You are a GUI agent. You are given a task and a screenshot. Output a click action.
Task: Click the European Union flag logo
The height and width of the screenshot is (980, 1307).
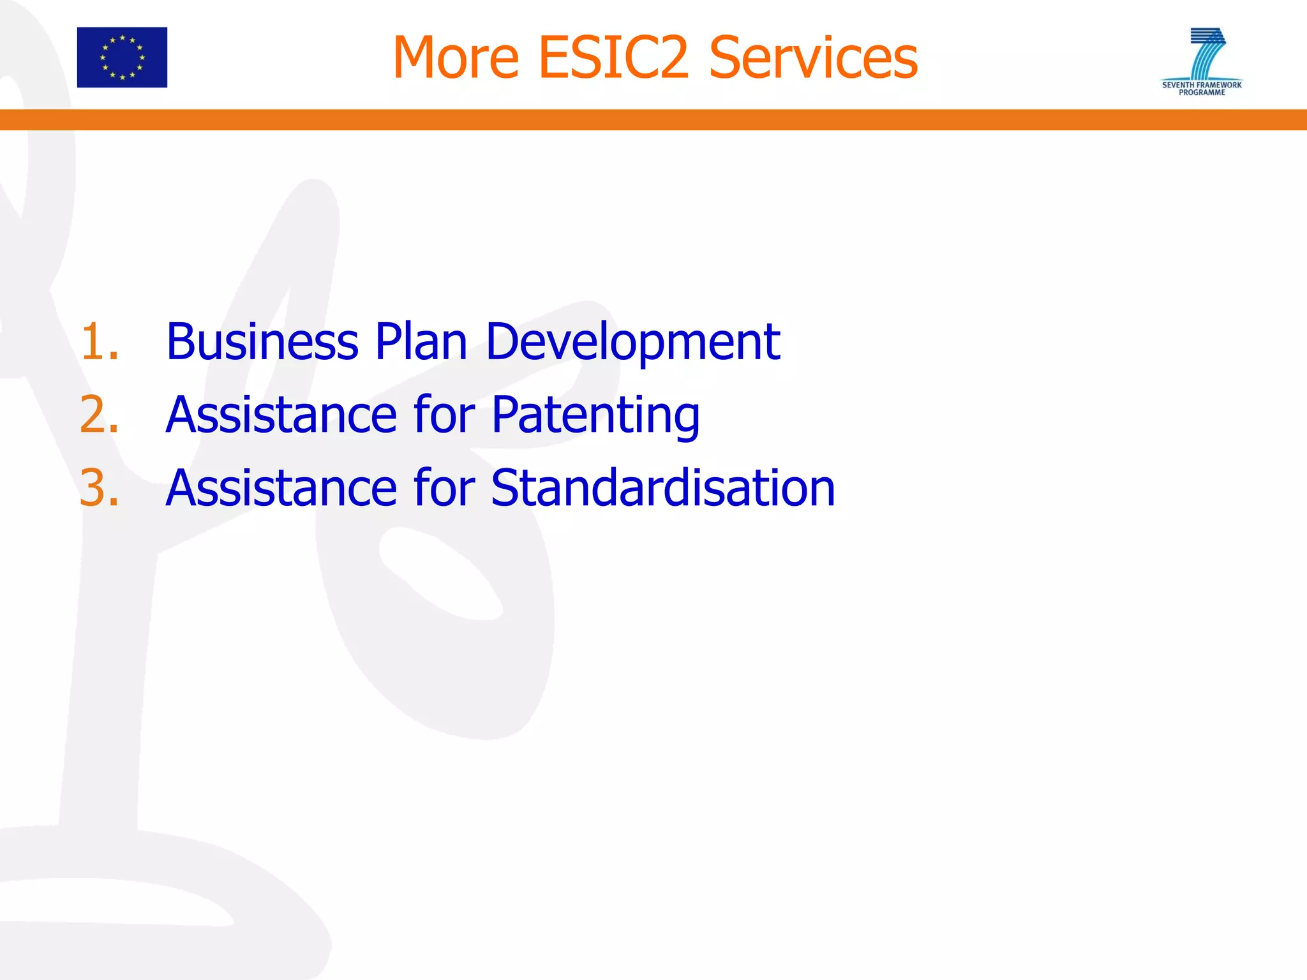pos(122,57)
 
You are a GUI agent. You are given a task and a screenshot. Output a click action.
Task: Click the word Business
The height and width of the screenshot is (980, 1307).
pos(262,342)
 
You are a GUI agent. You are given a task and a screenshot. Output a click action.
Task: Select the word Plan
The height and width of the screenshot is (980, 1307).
pos(421,342)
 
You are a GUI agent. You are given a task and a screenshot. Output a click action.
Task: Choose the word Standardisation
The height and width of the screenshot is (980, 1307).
pos(663,488)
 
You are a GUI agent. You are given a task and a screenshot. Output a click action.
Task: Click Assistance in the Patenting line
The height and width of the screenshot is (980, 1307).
pos(281,415)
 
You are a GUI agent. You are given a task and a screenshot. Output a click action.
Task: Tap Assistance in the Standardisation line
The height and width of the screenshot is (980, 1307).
pos(281,488)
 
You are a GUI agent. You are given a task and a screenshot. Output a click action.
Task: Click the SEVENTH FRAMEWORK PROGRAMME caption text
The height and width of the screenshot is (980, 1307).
pos(1202,89)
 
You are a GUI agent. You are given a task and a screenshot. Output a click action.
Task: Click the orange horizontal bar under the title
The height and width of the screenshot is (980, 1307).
pos(653,120)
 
